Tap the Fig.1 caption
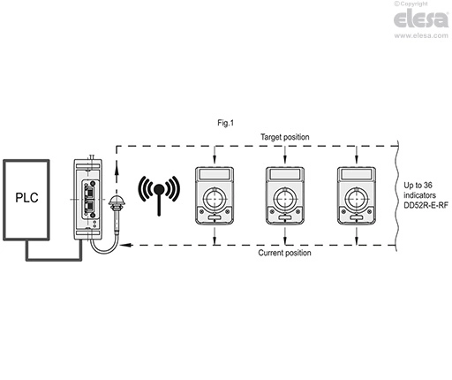[x=225, y=123]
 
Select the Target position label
[x=284, y=137]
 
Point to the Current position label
[x=284, y=253]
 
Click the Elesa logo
[x=421, y=19]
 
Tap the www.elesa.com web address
[x=421, y=35]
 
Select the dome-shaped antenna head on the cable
[x=117, y=201]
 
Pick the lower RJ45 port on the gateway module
[x=89, y=208]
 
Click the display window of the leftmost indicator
[x=215, y=174]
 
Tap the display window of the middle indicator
[x=285, y=174]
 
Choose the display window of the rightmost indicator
[x=357, y=174]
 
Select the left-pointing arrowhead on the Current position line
[x=126, y=245]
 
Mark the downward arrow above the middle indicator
[x=284, y=155]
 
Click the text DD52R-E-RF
[x=426, y=205]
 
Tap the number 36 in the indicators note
[x=428, y=186]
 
